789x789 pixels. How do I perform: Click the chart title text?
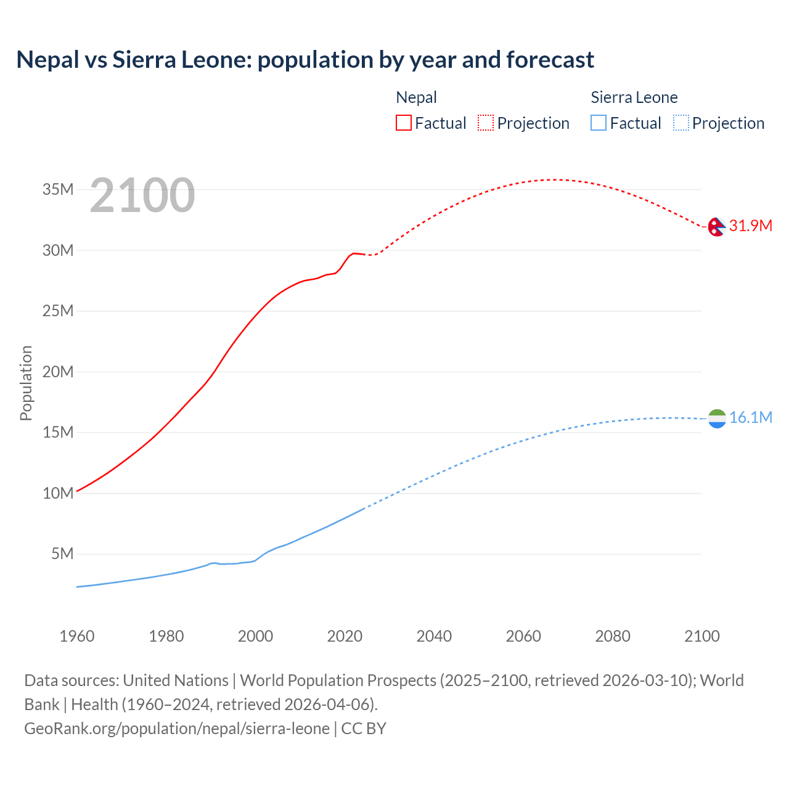tap(305, 60)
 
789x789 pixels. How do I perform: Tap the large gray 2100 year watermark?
tap(142, 195)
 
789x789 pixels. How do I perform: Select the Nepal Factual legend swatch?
tap(403, 123)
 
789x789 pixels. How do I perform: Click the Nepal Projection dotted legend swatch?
tap(486, 123)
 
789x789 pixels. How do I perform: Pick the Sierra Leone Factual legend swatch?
tap(599, 123)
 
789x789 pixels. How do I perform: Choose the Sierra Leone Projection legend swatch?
tap(681, 123)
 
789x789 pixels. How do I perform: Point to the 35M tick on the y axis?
tap(58, 189)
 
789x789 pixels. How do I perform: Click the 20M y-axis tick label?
tap(58, 372)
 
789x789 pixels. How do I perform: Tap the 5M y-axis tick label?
tap(62, 554)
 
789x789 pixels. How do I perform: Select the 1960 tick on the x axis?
tap(77, 636)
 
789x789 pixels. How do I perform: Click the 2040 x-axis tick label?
tap(434, 636)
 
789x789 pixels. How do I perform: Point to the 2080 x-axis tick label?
tap(613, 636)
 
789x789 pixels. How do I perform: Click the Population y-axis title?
tap(26, 383)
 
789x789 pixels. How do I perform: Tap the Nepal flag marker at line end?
tap(716, 227)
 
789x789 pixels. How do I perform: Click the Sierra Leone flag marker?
tap(717, 419)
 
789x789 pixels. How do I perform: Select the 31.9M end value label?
tap(750, 226)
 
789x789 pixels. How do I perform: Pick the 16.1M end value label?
tap(750, 417)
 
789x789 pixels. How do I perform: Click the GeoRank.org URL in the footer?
tap(177, 729)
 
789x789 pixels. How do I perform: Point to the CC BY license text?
tap(364, 729)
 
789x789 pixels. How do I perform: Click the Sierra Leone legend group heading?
tap(634, 97)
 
